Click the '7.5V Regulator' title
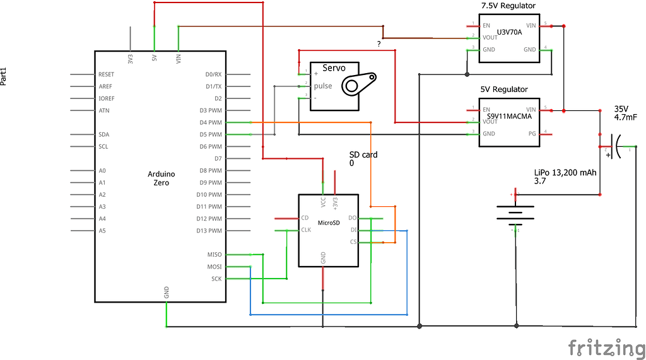508,6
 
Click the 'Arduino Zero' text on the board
161,178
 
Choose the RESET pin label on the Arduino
106,74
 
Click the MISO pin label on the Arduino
214,255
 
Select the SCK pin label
216,279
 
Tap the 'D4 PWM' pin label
209,122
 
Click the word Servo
334,68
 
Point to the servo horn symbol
358,83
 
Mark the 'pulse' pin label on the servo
323,86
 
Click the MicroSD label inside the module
329,223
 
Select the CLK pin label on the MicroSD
307,230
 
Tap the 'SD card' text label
364,154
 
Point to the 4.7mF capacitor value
625,117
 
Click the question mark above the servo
379,44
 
